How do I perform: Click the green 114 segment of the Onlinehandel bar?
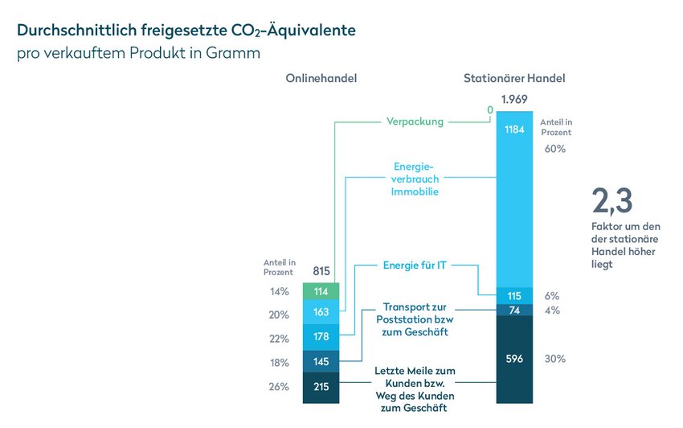[321, 291]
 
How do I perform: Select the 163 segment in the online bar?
[321, 312]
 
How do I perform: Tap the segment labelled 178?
[321, 337]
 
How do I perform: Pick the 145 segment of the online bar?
[321, 361]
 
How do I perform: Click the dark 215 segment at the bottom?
[321, 388]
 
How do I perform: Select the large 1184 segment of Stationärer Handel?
[514, 200]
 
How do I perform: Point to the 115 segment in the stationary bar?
[514, 296]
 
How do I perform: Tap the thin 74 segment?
[514, 311]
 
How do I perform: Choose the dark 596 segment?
[514, 359]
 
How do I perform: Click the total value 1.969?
[514, 100]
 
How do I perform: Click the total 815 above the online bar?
[321, 271]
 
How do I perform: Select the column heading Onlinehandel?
[321, 79]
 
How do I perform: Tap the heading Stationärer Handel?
[514, 79]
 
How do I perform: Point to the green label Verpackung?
[415, 121]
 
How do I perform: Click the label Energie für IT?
[415, 265]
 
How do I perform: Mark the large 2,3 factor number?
[612, 201]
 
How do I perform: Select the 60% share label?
[555, 149]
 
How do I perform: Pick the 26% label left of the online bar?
[279, 386]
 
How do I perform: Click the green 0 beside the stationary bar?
[490, 110]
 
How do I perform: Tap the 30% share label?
[555, 359]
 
